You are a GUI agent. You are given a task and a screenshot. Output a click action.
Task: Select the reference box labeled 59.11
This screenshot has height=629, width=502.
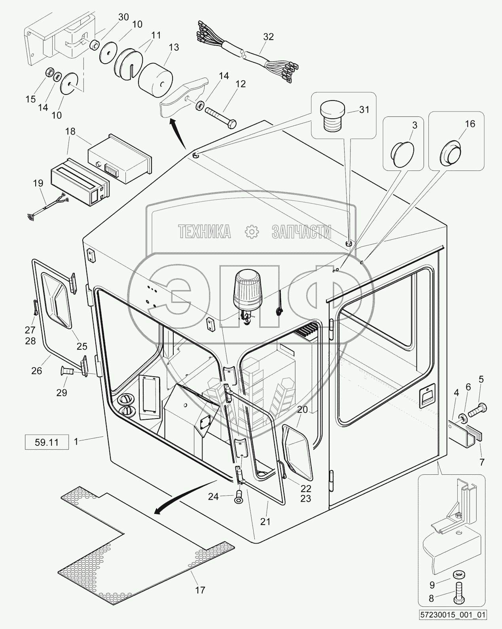[x=46, y=442]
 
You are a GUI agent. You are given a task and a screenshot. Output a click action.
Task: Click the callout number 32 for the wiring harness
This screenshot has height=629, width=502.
[x=268, y=37]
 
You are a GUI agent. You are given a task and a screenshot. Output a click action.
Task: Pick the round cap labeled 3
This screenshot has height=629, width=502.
[x=402, y=152]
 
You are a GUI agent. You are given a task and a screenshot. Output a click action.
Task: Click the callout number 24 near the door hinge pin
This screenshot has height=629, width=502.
[x=213, y=496]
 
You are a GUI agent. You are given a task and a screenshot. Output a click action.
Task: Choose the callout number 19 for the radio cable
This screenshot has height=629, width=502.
[x=38, y=183]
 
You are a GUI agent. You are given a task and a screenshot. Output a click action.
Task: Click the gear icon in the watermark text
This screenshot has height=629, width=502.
[x=251, y=232]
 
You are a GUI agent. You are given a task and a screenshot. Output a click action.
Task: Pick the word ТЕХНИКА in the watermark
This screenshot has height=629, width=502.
[x=205, y=232]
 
